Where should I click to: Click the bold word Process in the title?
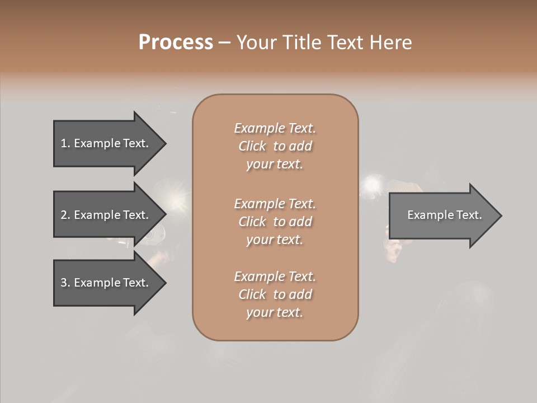(x=176, y=43)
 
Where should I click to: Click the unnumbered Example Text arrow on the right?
(x=444, y=215)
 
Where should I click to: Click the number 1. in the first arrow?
(x=65, y=143)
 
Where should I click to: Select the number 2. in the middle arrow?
(x=65, y=215)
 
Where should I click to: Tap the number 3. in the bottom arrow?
(x=65, y=283)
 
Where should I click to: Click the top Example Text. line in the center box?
(x=275, y=128)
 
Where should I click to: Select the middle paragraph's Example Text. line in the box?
(x=275, y=204)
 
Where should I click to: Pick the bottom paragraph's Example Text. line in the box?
(x=275, y=277)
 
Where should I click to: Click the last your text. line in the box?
(x=275, y=312)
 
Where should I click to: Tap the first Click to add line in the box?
(x=275, y=146)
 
